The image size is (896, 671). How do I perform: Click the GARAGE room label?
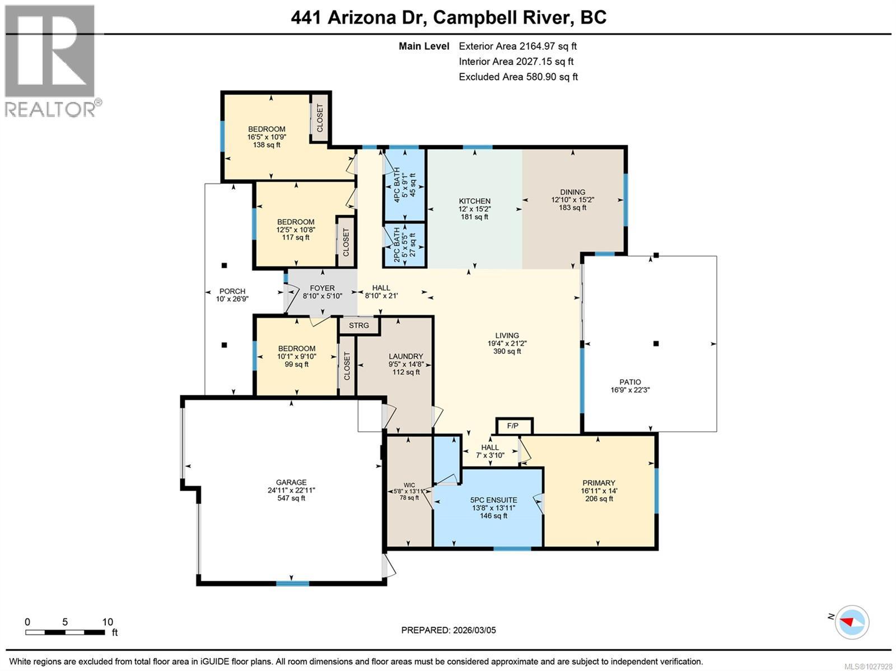click(291, 482)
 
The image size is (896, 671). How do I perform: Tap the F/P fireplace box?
click(514, 426)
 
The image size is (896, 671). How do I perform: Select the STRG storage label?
click(359, 325)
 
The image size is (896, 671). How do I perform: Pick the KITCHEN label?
click(474, 201)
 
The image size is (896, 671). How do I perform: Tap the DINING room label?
click(572, 192)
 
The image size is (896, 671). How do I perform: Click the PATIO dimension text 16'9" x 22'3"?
click(630, 390)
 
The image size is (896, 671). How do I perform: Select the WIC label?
click(409, 485)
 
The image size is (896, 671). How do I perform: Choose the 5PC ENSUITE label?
click(493, 500)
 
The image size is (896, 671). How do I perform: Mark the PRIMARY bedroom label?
click(599, 483)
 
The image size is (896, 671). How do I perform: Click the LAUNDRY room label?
click(406, 356)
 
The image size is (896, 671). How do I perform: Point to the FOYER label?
click(322, 288)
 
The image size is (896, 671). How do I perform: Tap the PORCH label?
click(232, 291)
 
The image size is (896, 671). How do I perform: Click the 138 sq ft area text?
click(267, 145)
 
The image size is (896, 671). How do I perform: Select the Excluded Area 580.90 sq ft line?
click(518, 77)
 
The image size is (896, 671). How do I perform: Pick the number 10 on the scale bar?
click(108, 622)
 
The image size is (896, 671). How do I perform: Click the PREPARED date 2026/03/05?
click(474, 630)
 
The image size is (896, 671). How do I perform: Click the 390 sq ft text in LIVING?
click(507, 351)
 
